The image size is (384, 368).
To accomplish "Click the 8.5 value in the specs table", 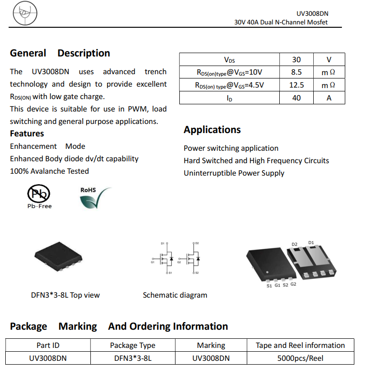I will click(296, 72).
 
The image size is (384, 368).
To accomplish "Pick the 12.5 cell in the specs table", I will click(296, 85).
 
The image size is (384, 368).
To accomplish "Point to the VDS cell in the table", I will click(230, 60).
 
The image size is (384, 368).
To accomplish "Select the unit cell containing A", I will click(329, 98).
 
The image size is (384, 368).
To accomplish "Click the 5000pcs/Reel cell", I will click(300, 358).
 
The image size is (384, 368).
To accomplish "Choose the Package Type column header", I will click(132, 345).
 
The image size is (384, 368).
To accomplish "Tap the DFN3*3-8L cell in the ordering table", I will click(132, 358).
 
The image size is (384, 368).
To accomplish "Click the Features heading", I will click(27, 134).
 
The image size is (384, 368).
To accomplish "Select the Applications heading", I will click(212, 130).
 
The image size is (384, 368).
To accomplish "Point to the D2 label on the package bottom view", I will click(295, 245).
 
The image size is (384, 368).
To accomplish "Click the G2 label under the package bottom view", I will click(293, 284).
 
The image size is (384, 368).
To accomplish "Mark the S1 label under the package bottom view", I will click(269, 286).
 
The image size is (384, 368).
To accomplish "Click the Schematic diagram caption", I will click(175, 295).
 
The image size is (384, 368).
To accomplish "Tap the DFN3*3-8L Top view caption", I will click(66, 295).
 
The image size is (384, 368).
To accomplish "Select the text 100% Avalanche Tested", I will click(49, 171).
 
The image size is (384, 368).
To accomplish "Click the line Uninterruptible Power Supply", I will click(234, 173).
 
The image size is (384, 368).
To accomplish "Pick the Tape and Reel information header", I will click(300, 345).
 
